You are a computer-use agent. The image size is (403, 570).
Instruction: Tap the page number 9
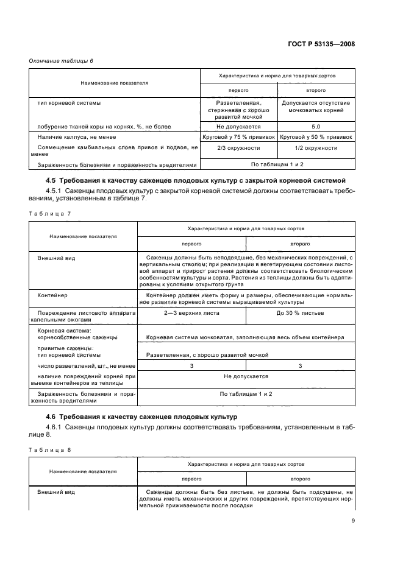click(x=353, y=520)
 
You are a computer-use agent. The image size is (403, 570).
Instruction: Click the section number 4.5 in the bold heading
click(x=52, y=181)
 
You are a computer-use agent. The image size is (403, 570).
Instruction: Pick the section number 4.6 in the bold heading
click(x=52, y=417)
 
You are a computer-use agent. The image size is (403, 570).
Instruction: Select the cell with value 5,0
click(x=316, y=127)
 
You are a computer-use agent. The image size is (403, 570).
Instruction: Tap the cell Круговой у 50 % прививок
click(x=316, y=138)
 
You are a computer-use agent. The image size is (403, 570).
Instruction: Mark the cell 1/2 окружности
click(x=316, y=148)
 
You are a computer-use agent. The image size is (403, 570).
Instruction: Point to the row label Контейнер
click(x=52, y=295)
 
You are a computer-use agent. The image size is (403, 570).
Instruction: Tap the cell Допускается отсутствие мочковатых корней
click(x=316, y=107)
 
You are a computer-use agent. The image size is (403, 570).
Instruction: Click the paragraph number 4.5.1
click(x=56, y=191)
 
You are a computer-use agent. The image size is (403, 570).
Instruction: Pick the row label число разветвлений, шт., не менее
click(x=80, y=365)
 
